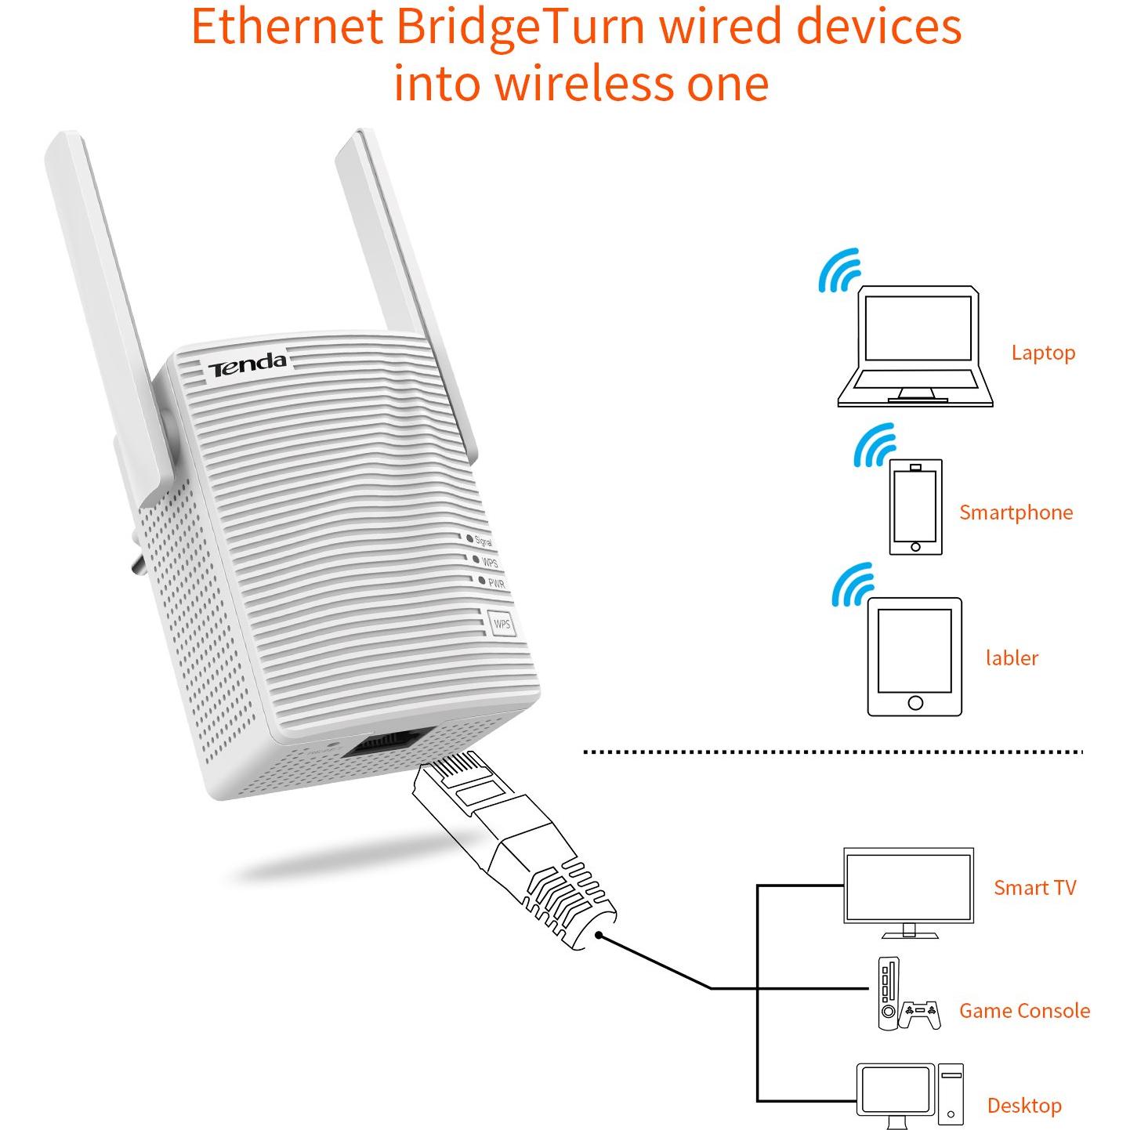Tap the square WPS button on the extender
click(x=502, y=623)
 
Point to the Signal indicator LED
click(x=469, y=538)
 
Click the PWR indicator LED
click(x=482, y=581)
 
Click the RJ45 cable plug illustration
click(x=514, y=850)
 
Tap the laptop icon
click(x=915, y=346)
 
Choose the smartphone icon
click(x=915, y=507)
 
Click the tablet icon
click(x=915, y=657)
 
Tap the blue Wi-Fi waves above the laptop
click(x=840, y=271)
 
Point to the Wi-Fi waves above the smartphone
click(x=875, y=446)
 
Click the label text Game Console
click(x=1024, y=1010)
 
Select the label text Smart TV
click(x=1035, y=887)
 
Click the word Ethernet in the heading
click(x=288, y=27)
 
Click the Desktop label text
click(x=1024, y=1106)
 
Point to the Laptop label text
click(x=1043, y=353)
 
